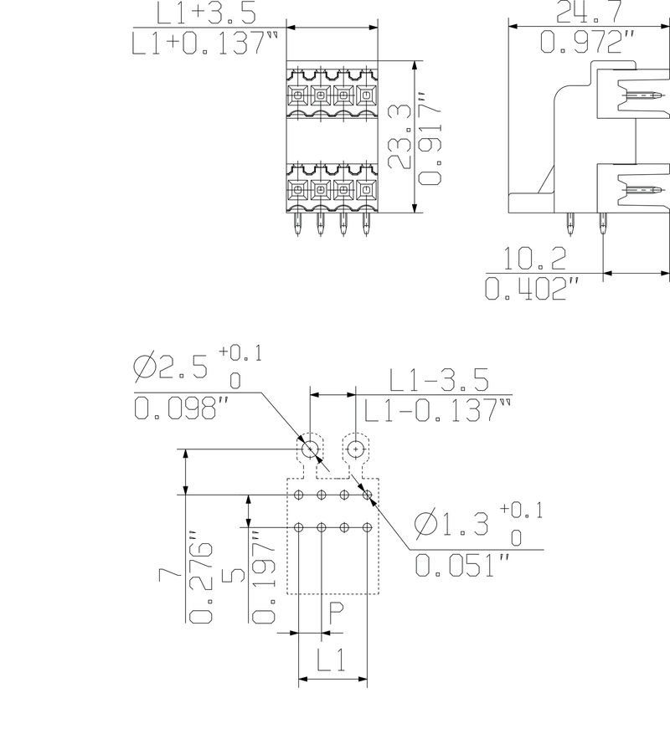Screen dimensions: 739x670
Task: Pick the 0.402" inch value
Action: tap(533, 288)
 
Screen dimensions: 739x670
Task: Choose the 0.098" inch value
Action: tap(182, 408)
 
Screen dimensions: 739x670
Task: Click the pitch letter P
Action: tap(334, 616)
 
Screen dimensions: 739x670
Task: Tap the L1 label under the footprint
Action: tap(332, 662)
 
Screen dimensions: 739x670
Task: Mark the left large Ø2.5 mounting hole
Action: tap(311, 449)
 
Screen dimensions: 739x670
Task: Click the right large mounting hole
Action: tap(356, 449)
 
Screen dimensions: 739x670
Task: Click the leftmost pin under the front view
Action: tap(299, 224)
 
